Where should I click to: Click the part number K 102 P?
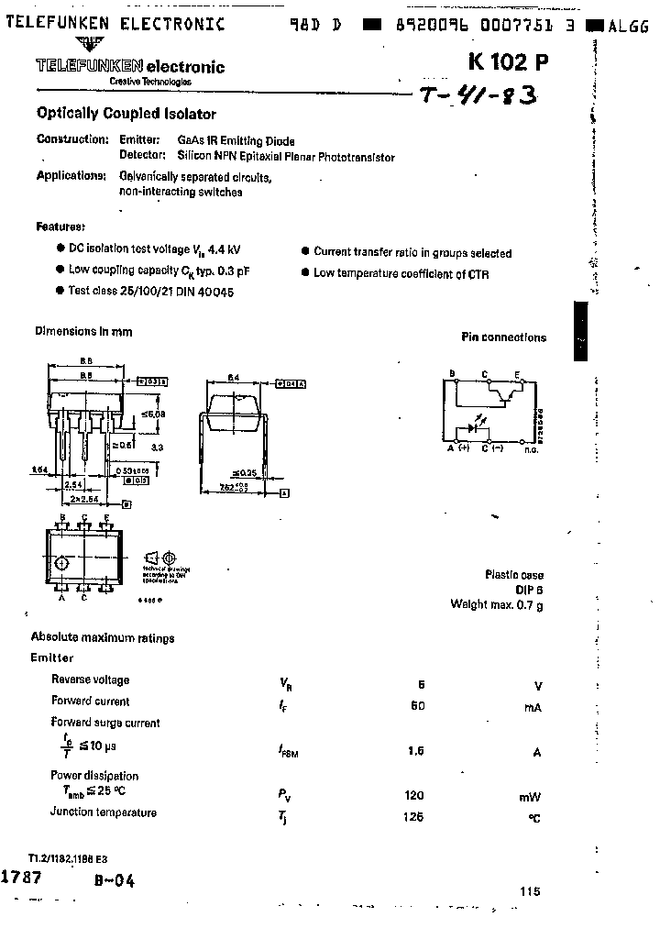509,62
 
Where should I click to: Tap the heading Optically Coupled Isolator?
126,114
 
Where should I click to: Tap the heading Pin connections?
502,337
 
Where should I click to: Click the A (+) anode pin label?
457,448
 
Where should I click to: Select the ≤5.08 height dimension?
155,414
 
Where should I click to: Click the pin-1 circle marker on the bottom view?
60,562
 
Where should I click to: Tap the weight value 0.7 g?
527,604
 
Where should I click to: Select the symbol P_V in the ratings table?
285,796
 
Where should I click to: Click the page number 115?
529,890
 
